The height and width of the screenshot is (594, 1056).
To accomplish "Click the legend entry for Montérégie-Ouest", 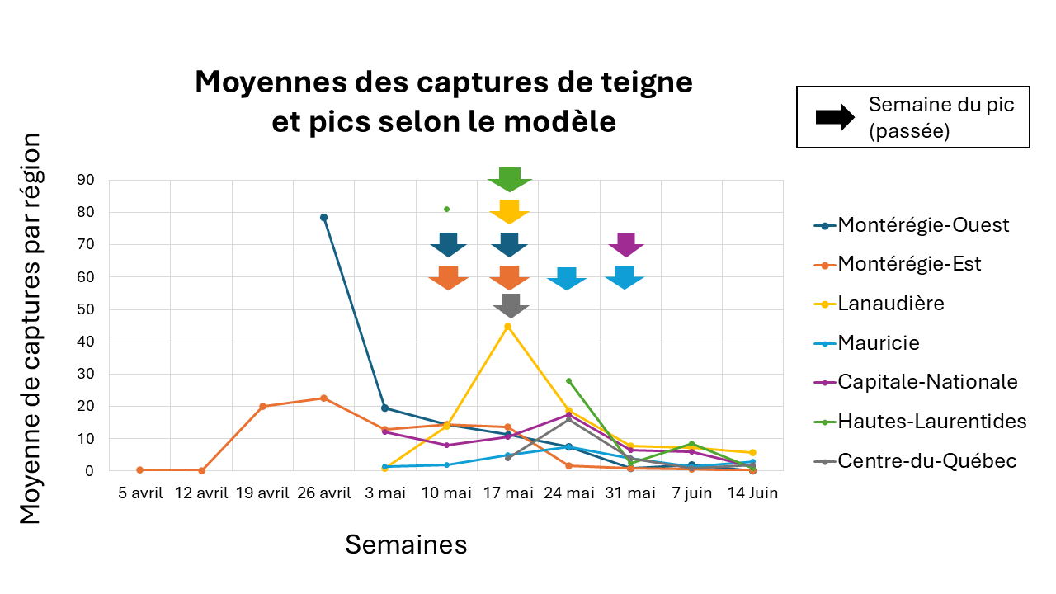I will point(922,225).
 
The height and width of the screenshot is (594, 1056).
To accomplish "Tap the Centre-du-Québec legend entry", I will point(926,460).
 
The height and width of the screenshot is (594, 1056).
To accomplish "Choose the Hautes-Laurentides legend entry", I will point(931,422).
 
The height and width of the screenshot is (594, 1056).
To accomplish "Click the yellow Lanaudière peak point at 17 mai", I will point(508,327).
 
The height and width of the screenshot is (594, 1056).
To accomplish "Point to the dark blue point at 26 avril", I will point(324,218).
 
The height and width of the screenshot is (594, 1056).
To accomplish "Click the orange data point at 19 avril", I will point(263,406).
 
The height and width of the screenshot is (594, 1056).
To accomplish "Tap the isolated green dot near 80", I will point(446,210).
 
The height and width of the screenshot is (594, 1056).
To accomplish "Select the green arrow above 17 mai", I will point(509,179).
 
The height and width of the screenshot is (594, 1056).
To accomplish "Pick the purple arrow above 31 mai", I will point(626,245).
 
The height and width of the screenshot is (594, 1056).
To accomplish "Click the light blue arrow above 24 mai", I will point(567,279).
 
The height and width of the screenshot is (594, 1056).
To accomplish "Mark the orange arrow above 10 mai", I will point(448,278).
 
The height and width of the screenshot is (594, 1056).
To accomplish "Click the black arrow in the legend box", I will point(835,117).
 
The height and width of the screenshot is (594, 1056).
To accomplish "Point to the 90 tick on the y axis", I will point(85,180).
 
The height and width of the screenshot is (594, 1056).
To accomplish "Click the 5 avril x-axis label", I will point(140,493).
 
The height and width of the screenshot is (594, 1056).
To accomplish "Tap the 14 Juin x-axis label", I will point(752,493).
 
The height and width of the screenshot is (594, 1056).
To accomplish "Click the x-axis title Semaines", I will point(406,544).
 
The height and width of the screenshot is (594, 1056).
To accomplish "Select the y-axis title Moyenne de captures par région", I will point(31,330).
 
